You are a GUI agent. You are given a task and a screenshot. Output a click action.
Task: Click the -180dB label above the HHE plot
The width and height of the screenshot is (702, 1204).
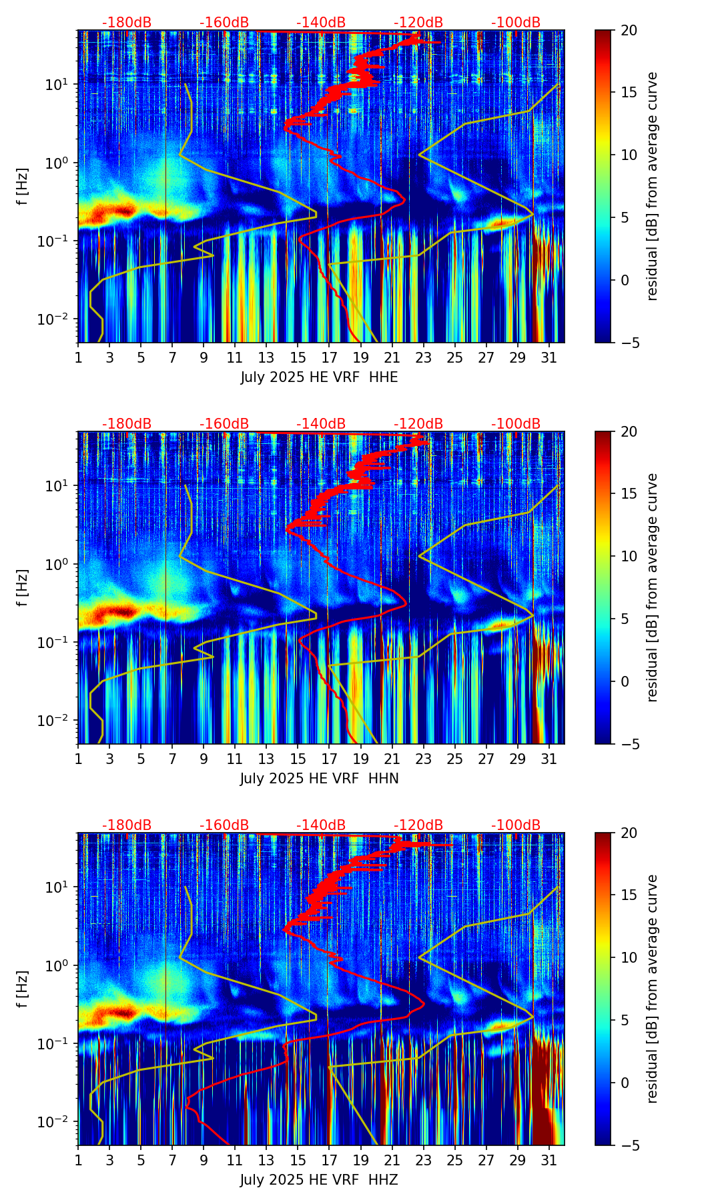coord(127,23)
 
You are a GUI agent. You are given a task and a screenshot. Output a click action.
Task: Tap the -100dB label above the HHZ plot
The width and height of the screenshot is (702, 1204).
coord(516,825)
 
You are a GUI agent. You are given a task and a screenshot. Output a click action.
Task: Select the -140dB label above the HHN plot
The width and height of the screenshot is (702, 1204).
coord(321,424)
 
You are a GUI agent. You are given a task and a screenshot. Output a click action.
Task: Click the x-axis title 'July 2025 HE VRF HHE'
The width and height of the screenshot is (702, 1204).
coord(319,377)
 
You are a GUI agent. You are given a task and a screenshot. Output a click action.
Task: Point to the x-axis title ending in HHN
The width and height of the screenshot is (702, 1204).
coord(319,779)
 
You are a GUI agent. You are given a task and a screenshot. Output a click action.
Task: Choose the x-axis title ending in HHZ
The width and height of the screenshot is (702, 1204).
coord(319,1180)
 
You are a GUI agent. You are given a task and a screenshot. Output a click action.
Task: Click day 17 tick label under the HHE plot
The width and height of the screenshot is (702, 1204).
coord(330,358)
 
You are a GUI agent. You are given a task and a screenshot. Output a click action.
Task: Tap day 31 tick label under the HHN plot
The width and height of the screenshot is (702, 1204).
coord(549,759)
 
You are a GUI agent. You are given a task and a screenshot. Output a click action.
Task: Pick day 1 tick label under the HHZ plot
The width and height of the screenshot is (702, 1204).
coord(79,1161)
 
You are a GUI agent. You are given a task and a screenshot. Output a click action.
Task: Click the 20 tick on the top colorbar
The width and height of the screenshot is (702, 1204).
coord(629,30)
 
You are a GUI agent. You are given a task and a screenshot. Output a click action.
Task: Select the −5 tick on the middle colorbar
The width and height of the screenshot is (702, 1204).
coord(629,744)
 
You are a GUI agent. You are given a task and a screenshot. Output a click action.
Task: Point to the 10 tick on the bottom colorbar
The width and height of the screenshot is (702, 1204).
coord(629,958)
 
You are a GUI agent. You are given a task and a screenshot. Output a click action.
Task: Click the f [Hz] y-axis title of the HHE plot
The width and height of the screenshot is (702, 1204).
coord(23,187)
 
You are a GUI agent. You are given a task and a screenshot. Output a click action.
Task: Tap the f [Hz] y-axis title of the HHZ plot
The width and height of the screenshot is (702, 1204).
coord(23,989)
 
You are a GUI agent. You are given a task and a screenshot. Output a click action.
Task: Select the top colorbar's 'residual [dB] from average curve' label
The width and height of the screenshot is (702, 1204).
coord(653,187)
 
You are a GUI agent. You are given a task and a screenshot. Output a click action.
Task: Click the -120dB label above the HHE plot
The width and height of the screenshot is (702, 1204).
coord(418,23)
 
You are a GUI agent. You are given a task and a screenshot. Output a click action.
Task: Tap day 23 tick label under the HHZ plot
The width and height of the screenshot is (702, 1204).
coord(424,1161)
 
